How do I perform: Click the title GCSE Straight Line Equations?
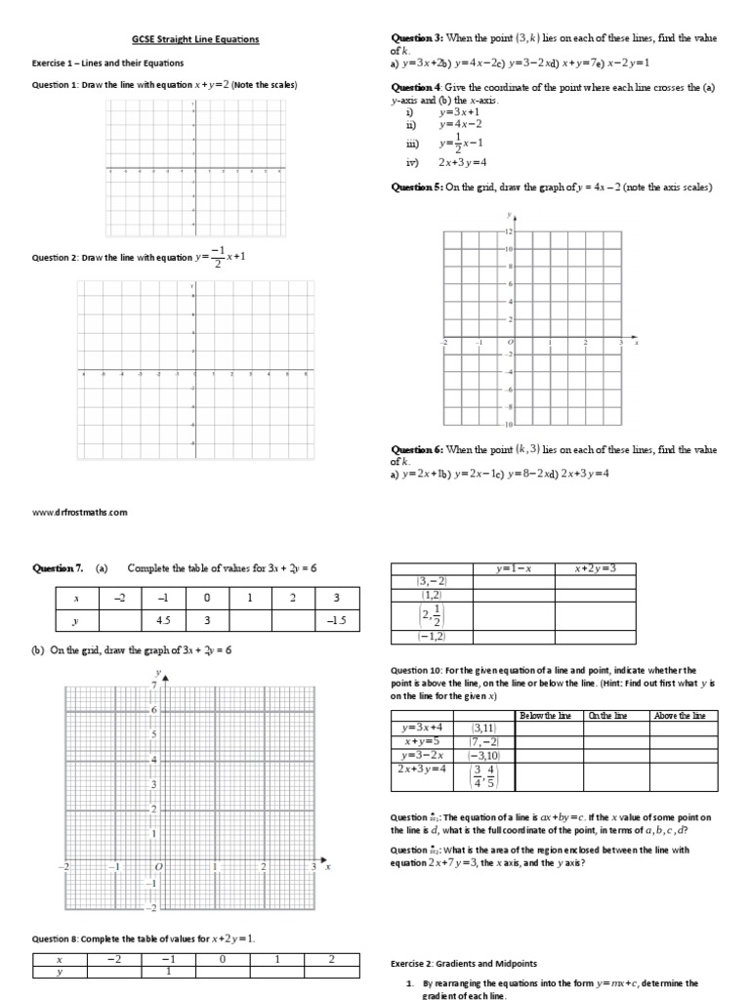pos(196,40)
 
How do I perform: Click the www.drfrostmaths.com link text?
pos(79,512)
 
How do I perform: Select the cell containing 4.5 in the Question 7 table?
pos(156,621)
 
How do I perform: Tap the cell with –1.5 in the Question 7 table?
pos(335,621)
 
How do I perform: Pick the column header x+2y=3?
pos(595,568)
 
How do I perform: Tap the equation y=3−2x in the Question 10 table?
pos(424,755)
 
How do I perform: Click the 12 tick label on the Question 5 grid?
pos(507,231)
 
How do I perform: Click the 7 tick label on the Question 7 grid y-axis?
pos(153,686)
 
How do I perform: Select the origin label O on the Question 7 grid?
pos(156,867)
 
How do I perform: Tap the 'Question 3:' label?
pos(417,38)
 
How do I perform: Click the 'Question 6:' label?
pos(417,450)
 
